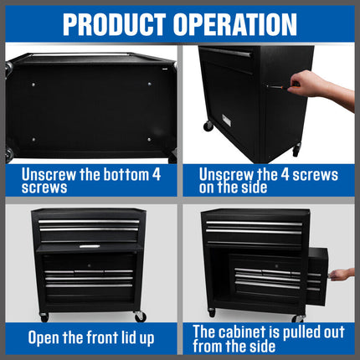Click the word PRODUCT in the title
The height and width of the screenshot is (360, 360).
[117, 23]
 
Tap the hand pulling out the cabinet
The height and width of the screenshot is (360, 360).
[342, 274]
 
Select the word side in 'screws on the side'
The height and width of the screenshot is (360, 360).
[251, 188]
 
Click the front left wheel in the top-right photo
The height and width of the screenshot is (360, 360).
[208, 126]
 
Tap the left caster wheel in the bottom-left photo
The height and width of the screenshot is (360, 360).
[44, 316]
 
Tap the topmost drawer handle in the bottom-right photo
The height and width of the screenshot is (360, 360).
[254, 224]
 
